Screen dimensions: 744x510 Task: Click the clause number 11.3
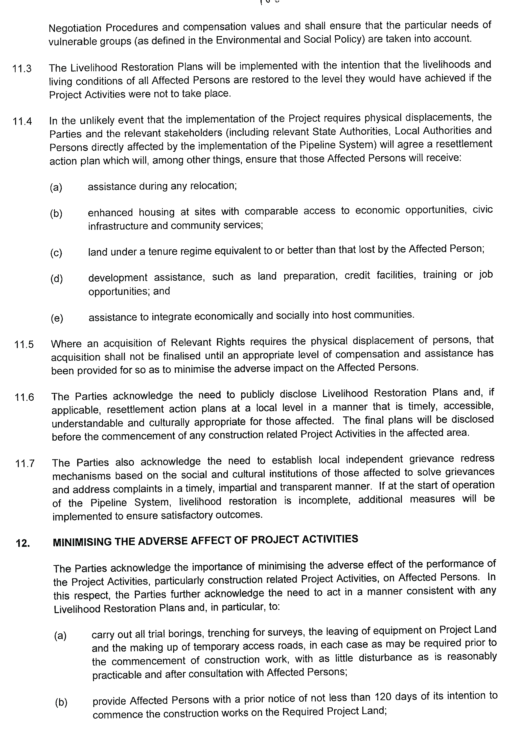click(x=22, y=69)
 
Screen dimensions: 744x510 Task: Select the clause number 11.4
click(x=22, y=122)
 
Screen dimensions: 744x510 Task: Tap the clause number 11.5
click(x=24, y=344)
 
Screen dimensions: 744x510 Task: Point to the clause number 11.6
click(x=24, y=397)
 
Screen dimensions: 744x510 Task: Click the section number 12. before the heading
click(x=23, y=543)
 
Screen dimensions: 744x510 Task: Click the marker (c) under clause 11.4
click(x=56, y=253)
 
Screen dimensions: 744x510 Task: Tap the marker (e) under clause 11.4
click(x=57, y=318)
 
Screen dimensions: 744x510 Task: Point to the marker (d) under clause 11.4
click(x=56, y=279)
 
